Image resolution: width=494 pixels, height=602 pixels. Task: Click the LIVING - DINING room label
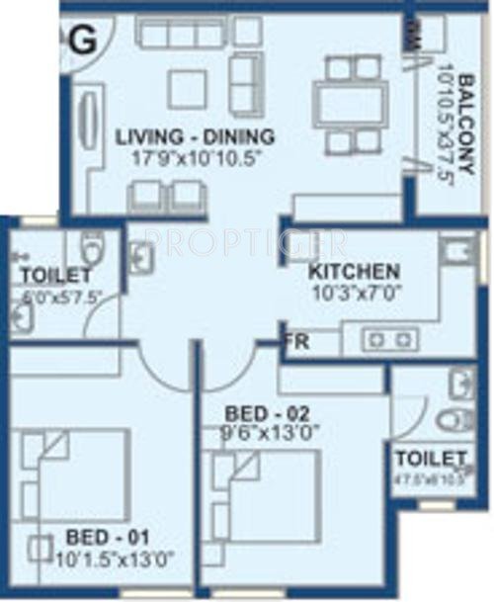(194, 136)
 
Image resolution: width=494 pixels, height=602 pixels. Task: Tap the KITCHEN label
(353, 271)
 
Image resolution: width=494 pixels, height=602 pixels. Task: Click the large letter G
(85, 41)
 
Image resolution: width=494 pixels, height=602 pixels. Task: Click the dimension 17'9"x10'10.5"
(194, 156)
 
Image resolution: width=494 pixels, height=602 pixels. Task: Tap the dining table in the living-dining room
(352, 102)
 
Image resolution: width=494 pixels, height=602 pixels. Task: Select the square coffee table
(187, 89)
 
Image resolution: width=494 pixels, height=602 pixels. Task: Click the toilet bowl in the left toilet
(92, 246)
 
